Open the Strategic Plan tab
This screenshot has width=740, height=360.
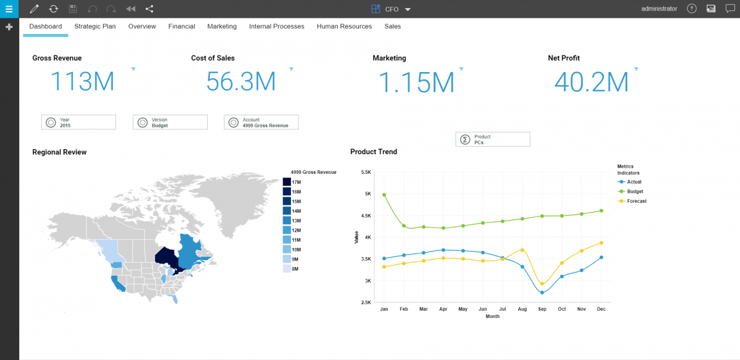pyautogui.click(x=95, y=27)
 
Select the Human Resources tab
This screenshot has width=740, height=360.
pyautogui.click(x=344, y=27)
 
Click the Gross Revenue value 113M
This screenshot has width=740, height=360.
pyautogui.click(x=82, y=81)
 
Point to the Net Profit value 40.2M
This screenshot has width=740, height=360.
pyautogui.click(x=591, y=81)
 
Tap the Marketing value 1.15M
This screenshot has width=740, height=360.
pyautogui.click(x=416, y=81)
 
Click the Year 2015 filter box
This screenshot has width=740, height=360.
pyautogui.click(x=78, y=122)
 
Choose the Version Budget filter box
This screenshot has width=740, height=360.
pyautogui.click(x=170, y=122)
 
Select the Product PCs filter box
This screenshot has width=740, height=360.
pyautogui.click(x=492, y=139)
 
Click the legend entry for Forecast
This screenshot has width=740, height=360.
pyautogui.click(x=636, y=201)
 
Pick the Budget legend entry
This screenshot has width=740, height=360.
pyautogui.click(x=635, y=192)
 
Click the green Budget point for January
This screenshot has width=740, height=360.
pyautogui.click(x=384, y=195)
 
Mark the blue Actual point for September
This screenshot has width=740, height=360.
pyautogui.click(x=542, y=292)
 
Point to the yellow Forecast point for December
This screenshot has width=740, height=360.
pyautogui.click(x=601, y=243)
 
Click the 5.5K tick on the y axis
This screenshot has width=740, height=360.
pyautogui.click(x=366, y=173)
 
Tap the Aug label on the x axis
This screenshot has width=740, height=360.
pyautogui.click(x=522, y=308)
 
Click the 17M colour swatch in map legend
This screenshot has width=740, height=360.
pyautogui.click(x=287, y=182)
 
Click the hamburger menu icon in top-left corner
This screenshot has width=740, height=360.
pyautogui.click(x=9, y=9)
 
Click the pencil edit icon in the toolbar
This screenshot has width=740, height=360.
pyautogui.click(x=35, y=9)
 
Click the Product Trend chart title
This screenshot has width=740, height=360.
pyautogui.click(x=374, y=152)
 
